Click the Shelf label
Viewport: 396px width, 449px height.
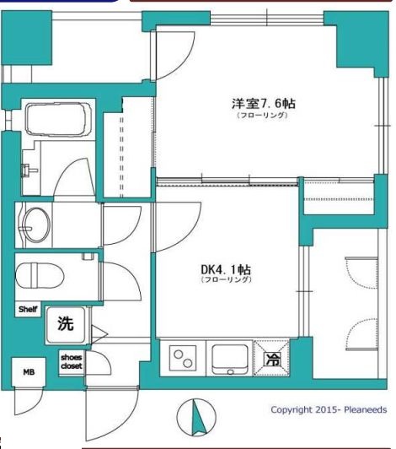[x=28, y=310]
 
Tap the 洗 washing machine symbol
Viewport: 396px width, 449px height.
[x=65, y=322]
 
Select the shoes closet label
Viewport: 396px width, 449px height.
[x=71, y=361]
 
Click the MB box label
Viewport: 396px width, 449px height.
[x=28, y=369]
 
